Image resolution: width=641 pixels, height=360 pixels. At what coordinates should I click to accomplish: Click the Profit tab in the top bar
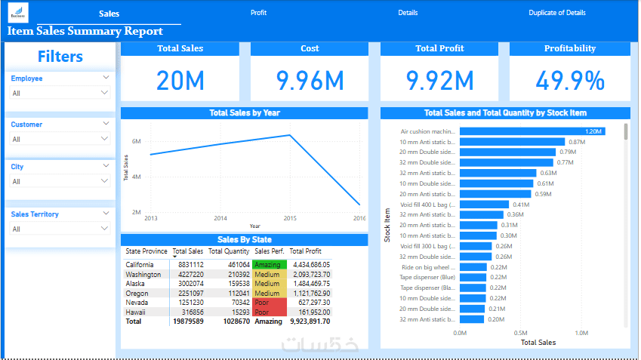[258, 13]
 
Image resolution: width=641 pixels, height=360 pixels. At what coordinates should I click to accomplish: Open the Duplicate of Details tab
[556, 13]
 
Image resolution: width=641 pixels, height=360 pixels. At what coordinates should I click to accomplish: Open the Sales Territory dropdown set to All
[105, 229]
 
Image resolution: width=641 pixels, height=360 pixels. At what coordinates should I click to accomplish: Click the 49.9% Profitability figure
[570, 80]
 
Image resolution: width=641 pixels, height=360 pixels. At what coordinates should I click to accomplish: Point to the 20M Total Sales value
[180, 80]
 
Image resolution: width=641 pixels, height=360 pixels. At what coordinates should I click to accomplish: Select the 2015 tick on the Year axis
[290, 218]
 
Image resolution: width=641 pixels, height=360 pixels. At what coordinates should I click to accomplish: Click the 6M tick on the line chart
[137, 141]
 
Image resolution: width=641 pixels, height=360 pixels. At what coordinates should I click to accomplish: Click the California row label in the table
[140, 265]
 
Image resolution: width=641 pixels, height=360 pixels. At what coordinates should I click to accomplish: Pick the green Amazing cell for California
[270, 265]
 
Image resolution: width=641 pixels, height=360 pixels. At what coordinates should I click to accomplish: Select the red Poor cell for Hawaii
[270, 312]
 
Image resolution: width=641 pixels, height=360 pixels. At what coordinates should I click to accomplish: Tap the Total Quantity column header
[229, 251]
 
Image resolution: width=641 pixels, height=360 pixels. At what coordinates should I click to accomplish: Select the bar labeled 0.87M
[512, 142]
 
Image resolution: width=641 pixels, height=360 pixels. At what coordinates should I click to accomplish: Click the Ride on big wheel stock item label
[427, 267]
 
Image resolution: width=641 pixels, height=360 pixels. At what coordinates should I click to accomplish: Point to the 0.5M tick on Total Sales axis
[521, 332]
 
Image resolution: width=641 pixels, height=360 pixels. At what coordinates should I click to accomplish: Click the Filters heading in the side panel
[60, 57]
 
